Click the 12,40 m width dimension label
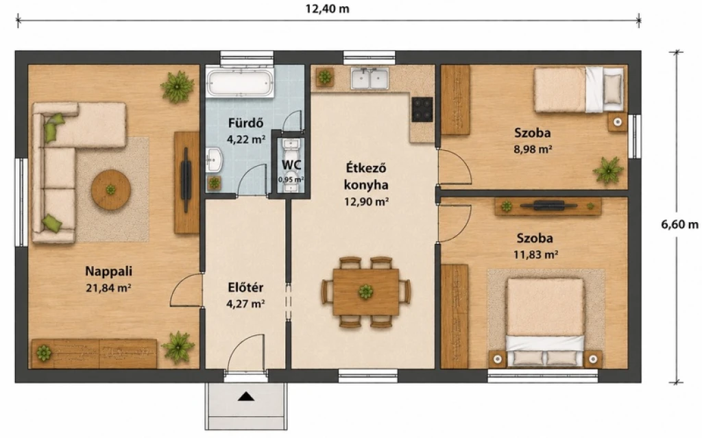(327, 9)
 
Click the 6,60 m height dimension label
(679, 223)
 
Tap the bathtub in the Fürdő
(240, 82)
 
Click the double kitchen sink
(370, 78)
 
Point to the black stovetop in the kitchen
(422, 109)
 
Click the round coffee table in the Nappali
(111, 190)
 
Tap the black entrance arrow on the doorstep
(246, 396)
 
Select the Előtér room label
(245, 287)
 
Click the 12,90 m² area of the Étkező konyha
(366, 202)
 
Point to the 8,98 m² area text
(532, 149)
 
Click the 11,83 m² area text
(535, 255)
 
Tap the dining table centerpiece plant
(366, 292)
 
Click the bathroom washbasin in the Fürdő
(214, 160)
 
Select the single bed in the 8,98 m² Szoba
(579, 90)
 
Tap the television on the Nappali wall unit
(185, 180)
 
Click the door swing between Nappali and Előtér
(186, 290)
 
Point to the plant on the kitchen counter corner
(324, 77)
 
